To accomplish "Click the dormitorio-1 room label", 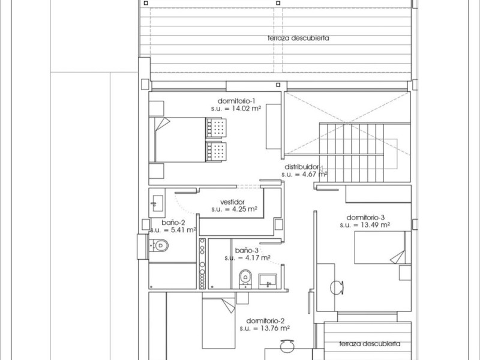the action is click(x=236, y=101).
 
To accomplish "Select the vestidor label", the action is click(x=232, y=202).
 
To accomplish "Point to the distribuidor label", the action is click(x=302, y=167).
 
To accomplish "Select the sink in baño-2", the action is click(x=157, y=203).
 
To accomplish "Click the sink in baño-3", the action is click(x=268, y=281).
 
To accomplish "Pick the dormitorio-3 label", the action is click(x=365, y=218).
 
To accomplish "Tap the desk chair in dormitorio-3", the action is click(x=337, y=288).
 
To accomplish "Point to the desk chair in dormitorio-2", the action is click(x=288, y=346).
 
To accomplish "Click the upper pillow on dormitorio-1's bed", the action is click(x=216, y=128).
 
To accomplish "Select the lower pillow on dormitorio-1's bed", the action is click(x=216, y=152).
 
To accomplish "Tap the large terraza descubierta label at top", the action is click(x=298, y=38).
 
